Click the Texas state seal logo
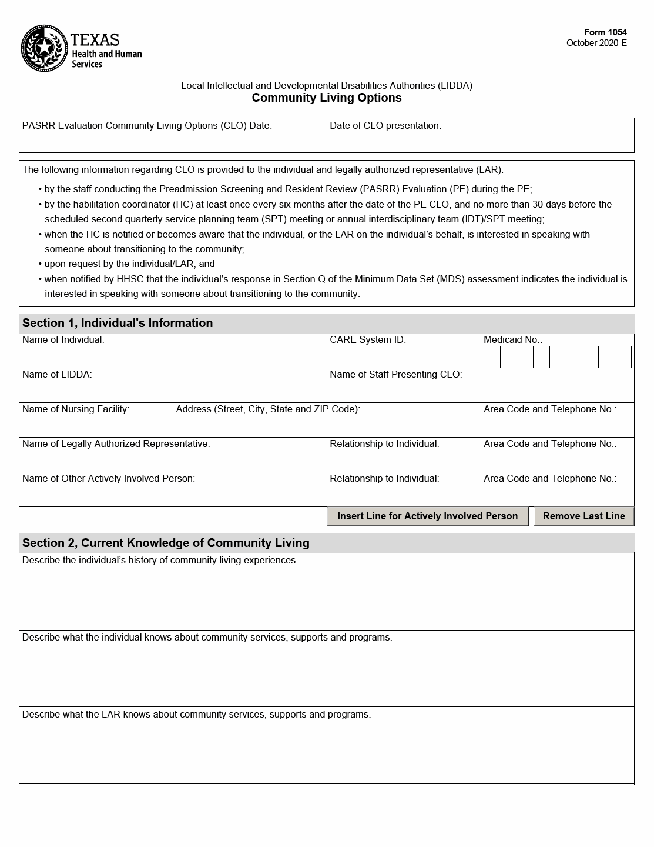45,48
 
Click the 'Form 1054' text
605,32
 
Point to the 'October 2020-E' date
596,43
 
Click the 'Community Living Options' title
327,98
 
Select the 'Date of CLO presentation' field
480,140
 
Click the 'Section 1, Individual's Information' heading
118,323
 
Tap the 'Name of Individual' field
173,355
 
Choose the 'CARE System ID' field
404,355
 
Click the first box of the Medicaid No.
492,357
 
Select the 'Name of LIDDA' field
173,390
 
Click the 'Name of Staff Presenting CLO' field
480,390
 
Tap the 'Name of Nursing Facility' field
96,425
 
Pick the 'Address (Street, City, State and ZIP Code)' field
327,425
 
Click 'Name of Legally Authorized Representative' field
173,459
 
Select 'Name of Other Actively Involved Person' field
173,494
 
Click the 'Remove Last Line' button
583,516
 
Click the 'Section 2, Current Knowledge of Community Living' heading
166,543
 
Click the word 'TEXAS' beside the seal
95,40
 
